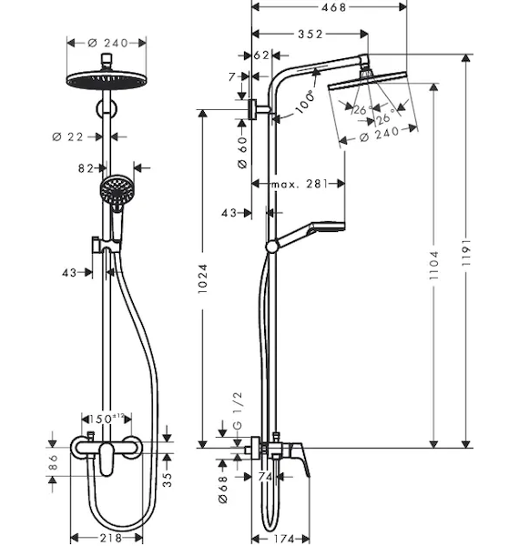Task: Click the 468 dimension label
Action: [333, 7]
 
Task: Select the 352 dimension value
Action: [310, 34]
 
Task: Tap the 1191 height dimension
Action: [466, 252]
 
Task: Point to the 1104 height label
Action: [433, 266]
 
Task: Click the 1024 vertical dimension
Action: [202, 278]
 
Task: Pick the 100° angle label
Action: [305, 102]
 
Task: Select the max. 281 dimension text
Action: [300, 184]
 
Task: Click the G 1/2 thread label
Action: [238, 410]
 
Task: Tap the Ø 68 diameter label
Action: [223, 490]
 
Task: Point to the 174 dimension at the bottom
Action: [284, 539]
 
